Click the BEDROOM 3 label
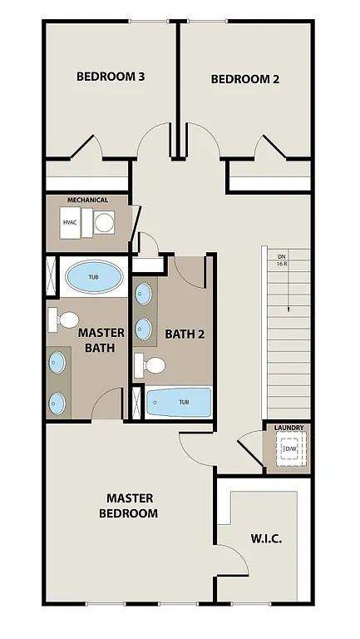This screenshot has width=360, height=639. pyautogui.click(x=111, y=77)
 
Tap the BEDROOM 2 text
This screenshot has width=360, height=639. pyautogui.click(x=244, y=80)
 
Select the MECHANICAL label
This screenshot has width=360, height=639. pyautogui.click(x=87, y=201)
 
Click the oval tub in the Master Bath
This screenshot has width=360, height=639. pyautogui.click(x=93, y=277)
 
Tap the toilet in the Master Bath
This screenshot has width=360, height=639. pyautogui.click(x=64, y=319)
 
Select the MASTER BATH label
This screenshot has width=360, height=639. pyautogui.click(x=101, y=339)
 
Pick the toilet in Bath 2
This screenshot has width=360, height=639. pyautogui.click(x=152, y=364)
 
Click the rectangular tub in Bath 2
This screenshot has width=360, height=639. pyautogui.click(x=179, y=403)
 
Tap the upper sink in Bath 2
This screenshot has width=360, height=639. pyautogui.click(x=144, y=294)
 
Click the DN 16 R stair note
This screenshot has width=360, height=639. pyautogui.click(x=282, y=260)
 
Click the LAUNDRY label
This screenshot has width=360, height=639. pyautogui.click(x=288, y=428)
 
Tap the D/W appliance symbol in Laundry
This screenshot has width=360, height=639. pyautogui.click(x=289, y=450)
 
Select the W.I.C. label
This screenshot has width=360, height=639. pyautogui.click(x=266, y=538)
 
